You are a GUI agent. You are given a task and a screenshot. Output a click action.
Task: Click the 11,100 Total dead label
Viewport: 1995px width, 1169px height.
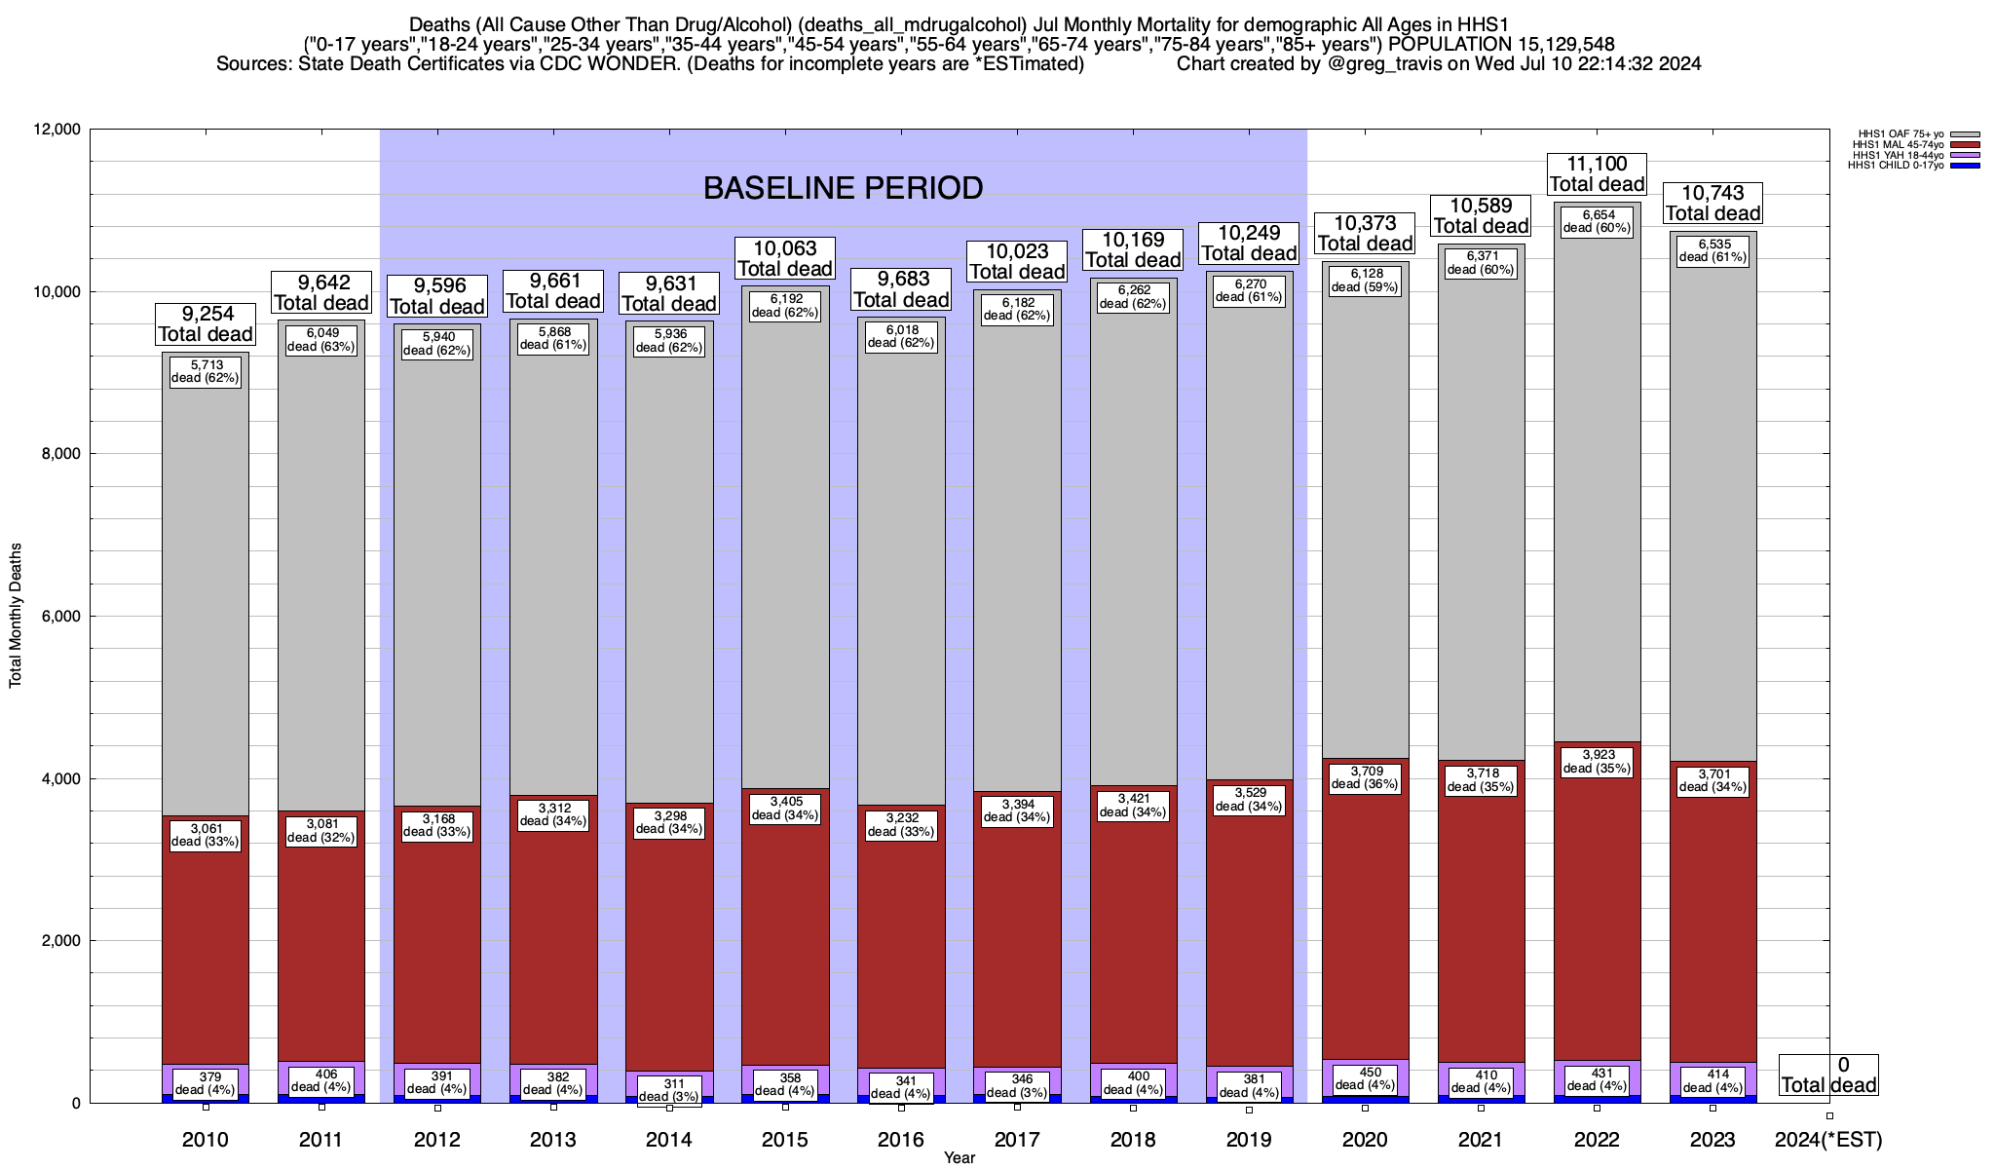point(1597,174)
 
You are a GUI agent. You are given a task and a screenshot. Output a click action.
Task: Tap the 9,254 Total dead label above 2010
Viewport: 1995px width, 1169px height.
point(206,324)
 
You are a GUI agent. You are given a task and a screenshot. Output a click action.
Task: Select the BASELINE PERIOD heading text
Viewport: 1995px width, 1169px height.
point(843,188)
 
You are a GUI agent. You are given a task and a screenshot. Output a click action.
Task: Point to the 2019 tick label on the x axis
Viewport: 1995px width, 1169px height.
point(1249,1140)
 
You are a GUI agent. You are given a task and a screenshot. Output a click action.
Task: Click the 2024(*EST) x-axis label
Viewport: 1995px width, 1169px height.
point(1828,1140)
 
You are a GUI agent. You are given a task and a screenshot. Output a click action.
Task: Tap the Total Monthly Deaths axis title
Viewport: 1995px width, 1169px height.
point(16,616)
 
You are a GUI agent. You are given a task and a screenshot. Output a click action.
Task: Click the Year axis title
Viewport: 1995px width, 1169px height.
point(959,1158)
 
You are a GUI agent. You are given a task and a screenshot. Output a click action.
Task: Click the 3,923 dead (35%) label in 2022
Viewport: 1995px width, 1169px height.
point(1597,762)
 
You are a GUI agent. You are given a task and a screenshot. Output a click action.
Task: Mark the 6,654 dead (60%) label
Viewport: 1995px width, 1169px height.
point(1597,221)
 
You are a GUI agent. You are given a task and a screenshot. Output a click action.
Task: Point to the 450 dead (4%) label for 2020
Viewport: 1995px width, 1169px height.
point(1365,1078)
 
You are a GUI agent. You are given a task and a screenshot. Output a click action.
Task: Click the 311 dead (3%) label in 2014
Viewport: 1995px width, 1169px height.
point(669,1090)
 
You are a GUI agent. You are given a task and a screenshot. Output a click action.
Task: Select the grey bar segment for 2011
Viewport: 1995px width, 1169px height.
point(321,584)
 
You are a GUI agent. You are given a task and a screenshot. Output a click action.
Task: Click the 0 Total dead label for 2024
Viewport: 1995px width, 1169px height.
point(1828,1075)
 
